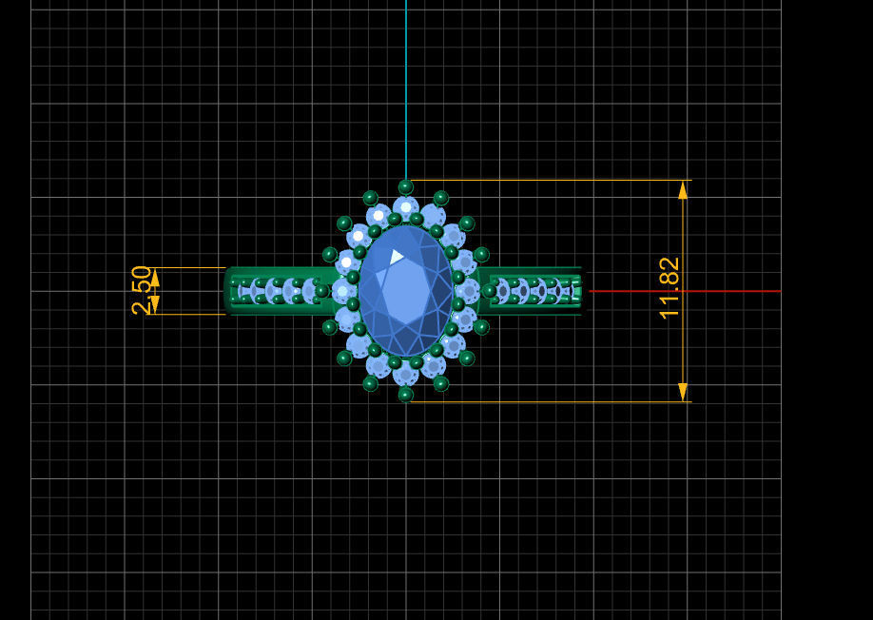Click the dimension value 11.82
[x=669, y=287]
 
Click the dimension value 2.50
[x=142, y=290]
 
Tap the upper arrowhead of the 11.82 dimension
[x=683, y=190]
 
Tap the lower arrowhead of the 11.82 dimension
[x=683, y=391]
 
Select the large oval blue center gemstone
[x=406, y=290]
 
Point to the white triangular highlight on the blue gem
[x=396, y=257]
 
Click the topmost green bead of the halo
[x=406, y=186]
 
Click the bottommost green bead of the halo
[x=406, y=394]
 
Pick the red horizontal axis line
[x=685, y=291]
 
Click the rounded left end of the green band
[x=229, y=291]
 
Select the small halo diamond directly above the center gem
[x=406, y=207]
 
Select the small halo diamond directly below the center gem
[x=406, y=373]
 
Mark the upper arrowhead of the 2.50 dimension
[x=155, y=277]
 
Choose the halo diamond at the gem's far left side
[x=342, y=291]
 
